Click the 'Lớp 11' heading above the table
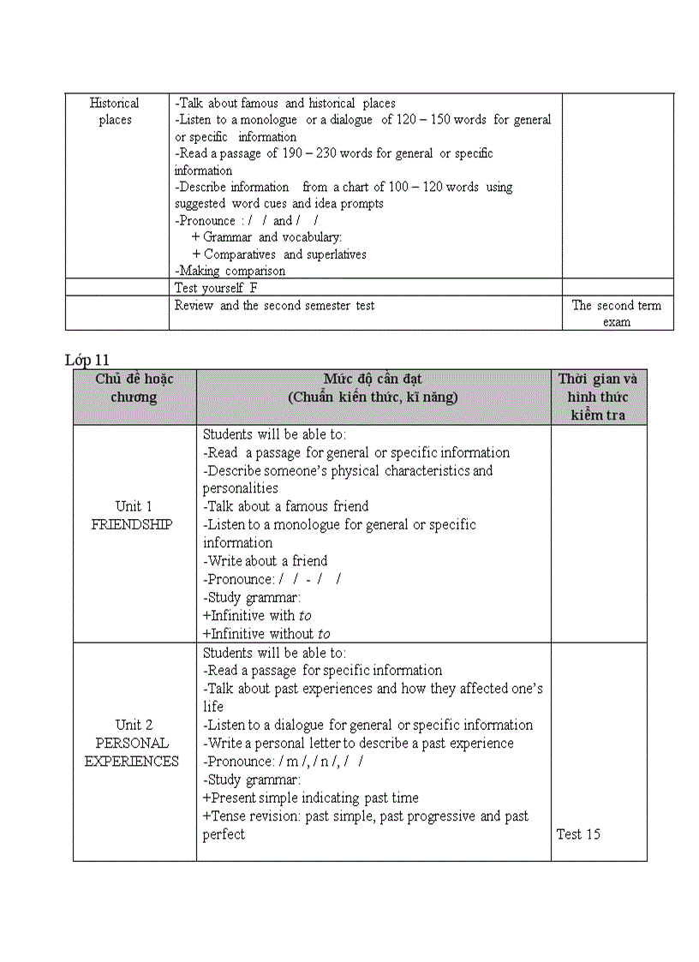pos(87,360)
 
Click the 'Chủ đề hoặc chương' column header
pos(134,388)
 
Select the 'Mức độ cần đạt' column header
pos(373,388)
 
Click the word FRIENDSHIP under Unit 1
pos(132,524)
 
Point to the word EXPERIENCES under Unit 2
pos(132,762)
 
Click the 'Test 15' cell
pos(578,834)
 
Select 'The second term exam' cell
pos(617,314)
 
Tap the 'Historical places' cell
pos(115,111)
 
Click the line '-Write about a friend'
pos(266,561)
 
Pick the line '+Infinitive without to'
pos(266,634)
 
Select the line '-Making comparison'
pos(230,271)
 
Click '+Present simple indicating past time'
pos(311,798)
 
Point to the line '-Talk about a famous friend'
pos(286,506)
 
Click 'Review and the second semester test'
pos(274,305)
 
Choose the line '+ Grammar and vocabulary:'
pos(267,237)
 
